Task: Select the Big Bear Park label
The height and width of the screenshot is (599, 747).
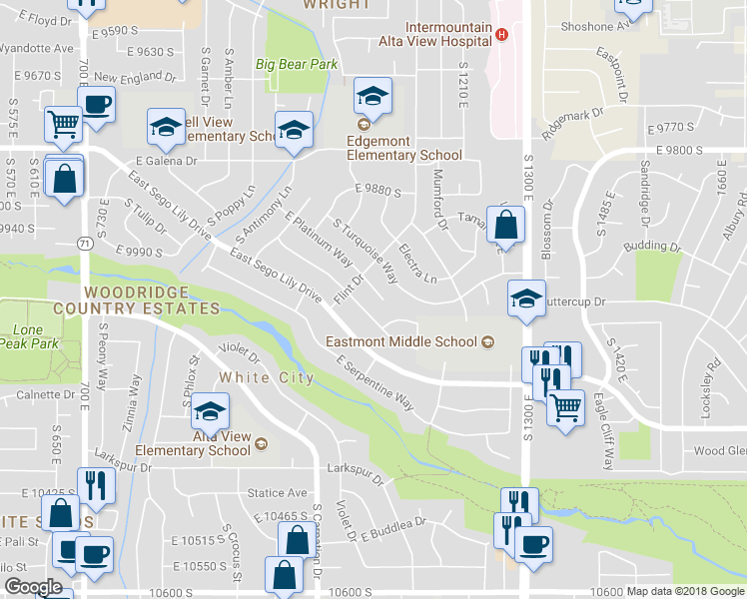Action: (x=297, y=64)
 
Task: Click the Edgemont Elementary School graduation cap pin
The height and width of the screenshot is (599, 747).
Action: (x=373, y=97)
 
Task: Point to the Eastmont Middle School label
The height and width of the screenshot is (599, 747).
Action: (x=401, y=341)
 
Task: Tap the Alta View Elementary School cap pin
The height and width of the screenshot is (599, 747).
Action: (x=210, y=410)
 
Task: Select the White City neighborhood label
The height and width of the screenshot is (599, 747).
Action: (x=266, y=377)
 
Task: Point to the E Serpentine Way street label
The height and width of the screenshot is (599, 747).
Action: (x=375, y=381)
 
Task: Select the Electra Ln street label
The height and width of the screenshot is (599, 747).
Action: (x=417, y=262)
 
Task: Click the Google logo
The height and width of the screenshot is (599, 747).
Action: (x=33, y=587)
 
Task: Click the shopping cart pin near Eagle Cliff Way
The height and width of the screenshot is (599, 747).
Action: (x=566, y=405)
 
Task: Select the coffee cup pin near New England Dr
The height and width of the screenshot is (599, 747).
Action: (x=97, y=104)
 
